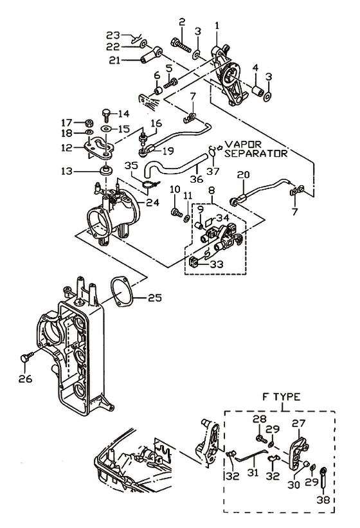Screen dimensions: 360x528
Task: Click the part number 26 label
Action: tap(26, 379)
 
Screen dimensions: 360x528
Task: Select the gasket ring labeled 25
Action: tap(121, 291)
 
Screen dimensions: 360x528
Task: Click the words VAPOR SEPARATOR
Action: tap(256, 149)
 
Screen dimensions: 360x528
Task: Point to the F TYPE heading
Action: tap(282, 396)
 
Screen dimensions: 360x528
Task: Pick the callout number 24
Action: tap(152, 203)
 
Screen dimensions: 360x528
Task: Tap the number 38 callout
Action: tap(323, 500)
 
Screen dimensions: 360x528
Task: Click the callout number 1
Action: tap(217, 26)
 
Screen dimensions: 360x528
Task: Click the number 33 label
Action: tap(217, 264)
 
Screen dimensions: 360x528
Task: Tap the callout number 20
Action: tap(243, 174)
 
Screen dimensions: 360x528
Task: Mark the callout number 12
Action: tap(67, 147)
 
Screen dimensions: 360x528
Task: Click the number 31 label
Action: tap(253, 473)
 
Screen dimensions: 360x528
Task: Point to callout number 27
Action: tap(298, 423)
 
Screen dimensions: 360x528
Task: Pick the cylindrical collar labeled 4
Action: tap(258, 91)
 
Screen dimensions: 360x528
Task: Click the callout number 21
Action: tap(114, 60)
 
